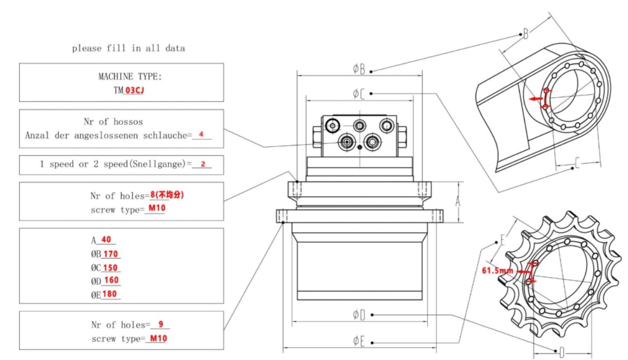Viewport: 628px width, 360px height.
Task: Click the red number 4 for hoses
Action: (201, 135)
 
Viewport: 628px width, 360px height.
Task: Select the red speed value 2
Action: (203, 165)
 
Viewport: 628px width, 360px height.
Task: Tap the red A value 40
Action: (106, 240)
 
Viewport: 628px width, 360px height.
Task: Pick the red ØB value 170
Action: (111, 254)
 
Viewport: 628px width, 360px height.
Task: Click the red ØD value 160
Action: (112, 280)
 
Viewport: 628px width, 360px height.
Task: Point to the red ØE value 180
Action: (110, 294)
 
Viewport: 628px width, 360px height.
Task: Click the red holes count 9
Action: (161, 325)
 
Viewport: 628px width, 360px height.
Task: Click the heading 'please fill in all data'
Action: (128, 48)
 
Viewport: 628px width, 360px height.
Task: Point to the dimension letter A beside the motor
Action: (458, 203)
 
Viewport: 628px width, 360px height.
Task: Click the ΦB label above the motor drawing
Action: (359, 69)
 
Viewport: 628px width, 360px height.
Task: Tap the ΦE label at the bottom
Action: (359, 340)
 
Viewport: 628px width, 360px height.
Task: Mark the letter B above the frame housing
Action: (525, 34)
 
